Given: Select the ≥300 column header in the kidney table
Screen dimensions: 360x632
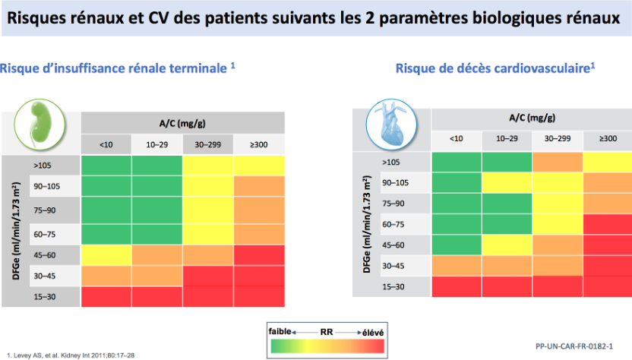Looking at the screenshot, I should (x=259, y=144).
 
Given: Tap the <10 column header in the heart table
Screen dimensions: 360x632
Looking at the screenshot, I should (x=456, y=139).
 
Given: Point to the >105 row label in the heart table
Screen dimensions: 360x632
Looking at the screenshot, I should (x=391, y=162).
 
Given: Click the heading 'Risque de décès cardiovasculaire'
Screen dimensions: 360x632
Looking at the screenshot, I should (x=495, y=68).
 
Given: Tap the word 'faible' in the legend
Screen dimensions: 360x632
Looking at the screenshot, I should (x=280, y=331).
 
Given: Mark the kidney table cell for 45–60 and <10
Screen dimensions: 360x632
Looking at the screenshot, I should (x=106, y=254).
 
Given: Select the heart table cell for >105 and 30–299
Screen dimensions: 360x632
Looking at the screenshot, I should (x=558, y=162).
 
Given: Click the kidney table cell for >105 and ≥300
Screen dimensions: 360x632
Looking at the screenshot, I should (x=259, y=164).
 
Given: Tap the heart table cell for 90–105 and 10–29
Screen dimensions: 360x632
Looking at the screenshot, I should (x=507, y=182).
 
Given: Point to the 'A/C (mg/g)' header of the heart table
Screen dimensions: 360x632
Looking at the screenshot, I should (x=531, y=118).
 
